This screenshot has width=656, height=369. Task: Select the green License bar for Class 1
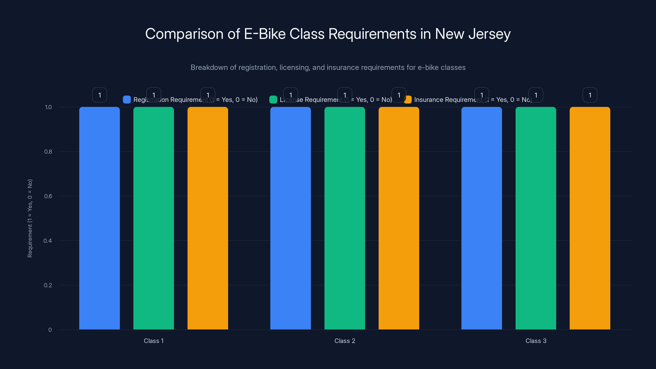click(154, 218)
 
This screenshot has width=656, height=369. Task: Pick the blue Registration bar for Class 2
click(290, 218)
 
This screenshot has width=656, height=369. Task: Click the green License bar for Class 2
click(345, 218)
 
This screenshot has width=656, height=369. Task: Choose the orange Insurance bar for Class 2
click(399, 218)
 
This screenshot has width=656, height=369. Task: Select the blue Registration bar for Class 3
click(482, 218)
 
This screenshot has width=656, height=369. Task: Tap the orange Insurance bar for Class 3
click(590, 218)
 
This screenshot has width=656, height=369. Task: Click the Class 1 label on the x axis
click(154, 341)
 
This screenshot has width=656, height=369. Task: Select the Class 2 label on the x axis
click(345, 341)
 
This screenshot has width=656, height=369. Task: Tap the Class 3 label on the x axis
click(536, 341)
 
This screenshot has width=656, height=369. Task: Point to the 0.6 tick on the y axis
click(48, 196)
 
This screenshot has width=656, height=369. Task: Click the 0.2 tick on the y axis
click(48, 285)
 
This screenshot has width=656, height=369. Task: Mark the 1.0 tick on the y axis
click(48, 107)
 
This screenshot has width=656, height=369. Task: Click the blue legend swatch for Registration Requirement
click(127, 100)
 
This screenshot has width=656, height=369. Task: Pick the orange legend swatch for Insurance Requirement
click(408, 100)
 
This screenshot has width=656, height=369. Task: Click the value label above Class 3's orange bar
click(590, 95)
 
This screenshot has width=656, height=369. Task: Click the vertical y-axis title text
click(30, 218)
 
